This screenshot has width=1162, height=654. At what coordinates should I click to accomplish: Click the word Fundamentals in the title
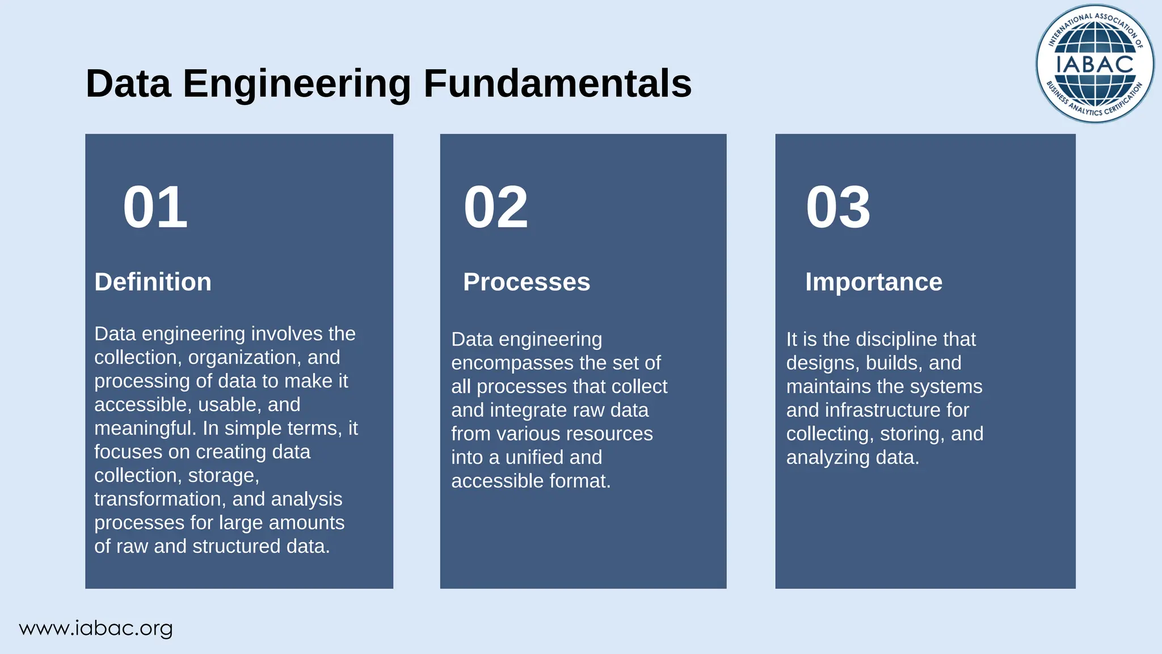coord(557,84)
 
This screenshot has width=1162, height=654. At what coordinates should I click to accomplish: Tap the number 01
coord(155,208)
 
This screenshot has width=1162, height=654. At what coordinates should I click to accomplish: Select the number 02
coord(495,208)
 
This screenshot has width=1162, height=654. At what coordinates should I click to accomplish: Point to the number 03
coord(838,208)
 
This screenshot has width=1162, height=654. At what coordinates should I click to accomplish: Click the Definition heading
coord(153,282)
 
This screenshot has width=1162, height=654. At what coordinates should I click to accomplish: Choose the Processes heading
coord(526,282)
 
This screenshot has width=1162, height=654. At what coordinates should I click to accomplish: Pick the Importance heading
coord(873,282)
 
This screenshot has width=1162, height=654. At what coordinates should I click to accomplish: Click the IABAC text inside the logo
coord(1094,64)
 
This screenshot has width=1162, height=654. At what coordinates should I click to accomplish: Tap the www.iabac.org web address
coord(95,628)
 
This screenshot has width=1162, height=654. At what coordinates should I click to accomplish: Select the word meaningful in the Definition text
coord(145,428)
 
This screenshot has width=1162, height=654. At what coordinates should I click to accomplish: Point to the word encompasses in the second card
coord(512,363)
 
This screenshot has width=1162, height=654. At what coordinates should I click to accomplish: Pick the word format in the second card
coord(583,481)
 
